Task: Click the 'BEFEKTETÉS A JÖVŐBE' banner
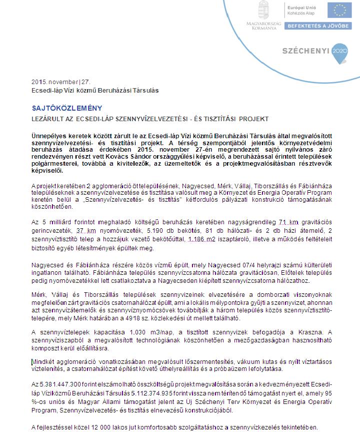coord(318,25)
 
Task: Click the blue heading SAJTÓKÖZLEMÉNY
coord(66,108)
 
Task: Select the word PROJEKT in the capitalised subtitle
coord(251,119)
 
